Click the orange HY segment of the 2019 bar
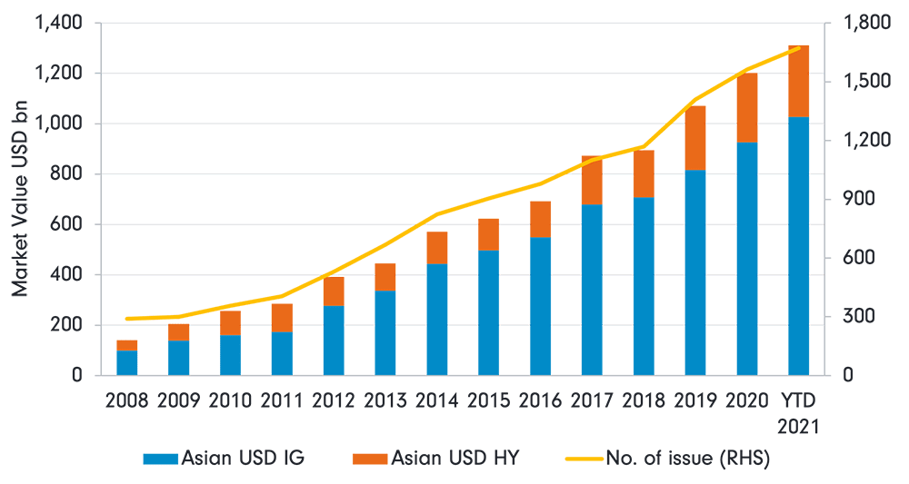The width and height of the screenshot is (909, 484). pyautogui.click(x=695, y=137)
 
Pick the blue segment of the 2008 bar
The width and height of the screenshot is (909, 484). pyautogui.click(x=127, y=362)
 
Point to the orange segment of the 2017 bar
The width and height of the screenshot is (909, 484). pyautogui.click(x=592, y=180)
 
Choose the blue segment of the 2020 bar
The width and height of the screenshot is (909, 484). pyautogui.click(x=747, y=259)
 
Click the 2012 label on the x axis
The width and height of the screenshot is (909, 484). pyautogui.click(x=335, y=401)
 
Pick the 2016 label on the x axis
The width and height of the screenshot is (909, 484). pyautogui.click(x=541, y=401)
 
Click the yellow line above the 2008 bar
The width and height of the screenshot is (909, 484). pyautogui.click(x=127, y=319)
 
